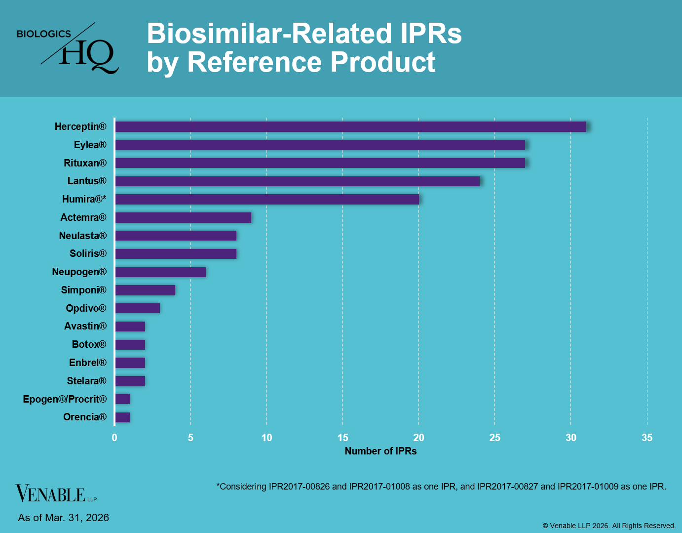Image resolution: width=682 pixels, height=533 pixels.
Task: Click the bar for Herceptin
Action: [350, 127]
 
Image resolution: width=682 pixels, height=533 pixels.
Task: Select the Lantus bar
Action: [297, 181]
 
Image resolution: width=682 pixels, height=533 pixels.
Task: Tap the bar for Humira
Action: [267, 200]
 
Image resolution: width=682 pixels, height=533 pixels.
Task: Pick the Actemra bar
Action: [183, 218]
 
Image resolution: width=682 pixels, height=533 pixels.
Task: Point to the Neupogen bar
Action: [160, 272]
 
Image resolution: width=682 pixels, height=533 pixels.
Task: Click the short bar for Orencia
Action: [122, 417]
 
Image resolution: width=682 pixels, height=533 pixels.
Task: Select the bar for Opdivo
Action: [138, 308]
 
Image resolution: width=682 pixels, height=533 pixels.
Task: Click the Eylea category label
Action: [90, 145]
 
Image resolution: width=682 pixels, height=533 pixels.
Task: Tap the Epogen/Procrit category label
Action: [65, 399]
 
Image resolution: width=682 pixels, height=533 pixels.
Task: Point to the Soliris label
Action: [88, 253]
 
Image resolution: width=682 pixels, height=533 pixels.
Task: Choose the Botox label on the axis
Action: [89, 344]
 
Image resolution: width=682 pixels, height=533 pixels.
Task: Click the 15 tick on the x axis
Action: [342, 438]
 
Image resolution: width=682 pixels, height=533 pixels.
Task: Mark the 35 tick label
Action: [646, 438]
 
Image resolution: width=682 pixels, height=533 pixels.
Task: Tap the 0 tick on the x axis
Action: [114, 438]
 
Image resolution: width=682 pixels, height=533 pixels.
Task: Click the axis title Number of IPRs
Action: [380, 451]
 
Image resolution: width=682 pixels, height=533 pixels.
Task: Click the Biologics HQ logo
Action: [68, 48]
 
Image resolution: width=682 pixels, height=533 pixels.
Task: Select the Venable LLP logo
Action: [56, 493]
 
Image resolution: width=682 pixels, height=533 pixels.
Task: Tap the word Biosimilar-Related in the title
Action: [269, 34]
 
